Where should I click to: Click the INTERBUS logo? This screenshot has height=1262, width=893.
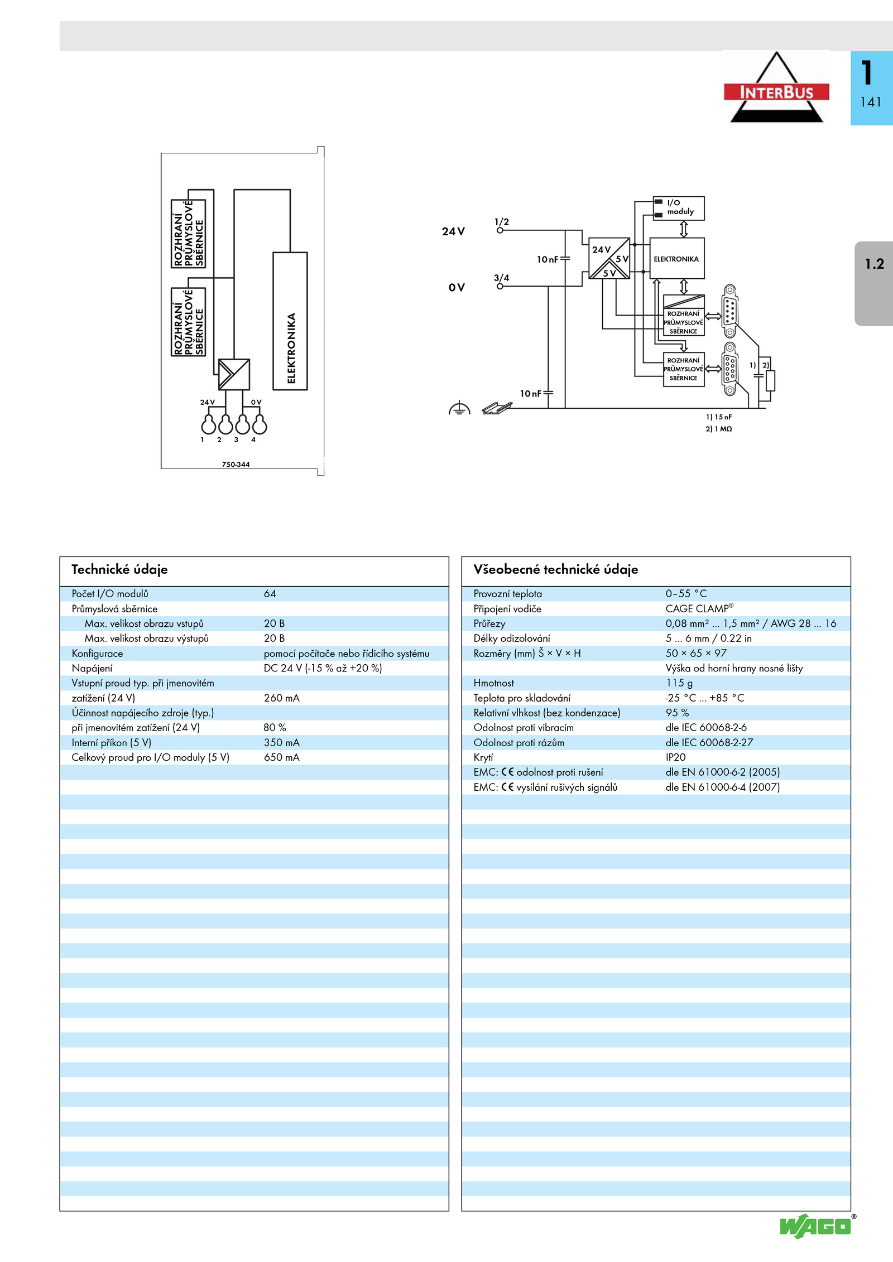[x=776, y=87]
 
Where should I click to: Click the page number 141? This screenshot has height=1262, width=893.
[x=871, y=102]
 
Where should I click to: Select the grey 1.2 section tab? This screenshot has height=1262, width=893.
[x=874, y=283]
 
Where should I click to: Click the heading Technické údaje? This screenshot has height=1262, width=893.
[x=119, y=569]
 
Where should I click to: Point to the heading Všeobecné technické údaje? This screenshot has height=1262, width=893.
[x=555, y=569]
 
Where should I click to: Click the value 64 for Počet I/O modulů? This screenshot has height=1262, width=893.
[x=270, y=594]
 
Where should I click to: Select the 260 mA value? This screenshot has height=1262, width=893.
[x=281, y=698]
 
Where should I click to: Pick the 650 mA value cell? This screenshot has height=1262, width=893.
[x=281, y=757]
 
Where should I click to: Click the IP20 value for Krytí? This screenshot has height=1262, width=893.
[x=675, y=757]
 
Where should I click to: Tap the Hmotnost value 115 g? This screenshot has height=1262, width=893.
[x=679, y=683]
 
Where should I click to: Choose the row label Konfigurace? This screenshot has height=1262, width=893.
[x=97, y=654]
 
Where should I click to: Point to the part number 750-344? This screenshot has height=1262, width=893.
[x=236, y=465]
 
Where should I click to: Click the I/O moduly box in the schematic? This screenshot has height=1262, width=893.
[x=679, y=208]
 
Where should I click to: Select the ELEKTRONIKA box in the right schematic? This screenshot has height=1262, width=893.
[x=677, y=259]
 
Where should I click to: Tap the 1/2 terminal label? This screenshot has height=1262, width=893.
[x=502, y=222]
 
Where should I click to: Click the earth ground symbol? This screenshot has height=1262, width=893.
[x=459, y=408]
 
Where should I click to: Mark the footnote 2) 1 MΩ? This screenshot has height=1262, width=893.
[x=718, y=429]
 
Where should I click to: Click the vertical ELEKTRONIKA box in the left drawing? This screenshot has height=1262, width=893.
[x=290, y=321]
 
